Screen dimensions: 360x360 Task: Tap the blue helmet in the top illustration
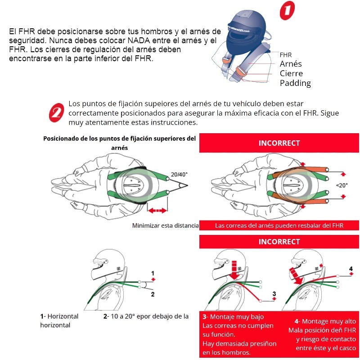click(x=243, y=29)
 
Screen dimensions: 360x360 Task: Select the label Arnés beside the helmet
click(x=291, y=64)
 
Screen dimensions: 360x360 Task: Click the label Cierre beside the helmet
click(x=291, y=73)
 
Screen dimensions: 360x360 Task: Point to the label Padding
click(x=295, y=83)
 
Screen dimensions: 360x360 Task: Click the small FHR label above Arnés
click(x=286, y=55)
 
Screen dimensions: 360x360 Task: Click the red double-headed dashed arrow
click(x=157, y=210)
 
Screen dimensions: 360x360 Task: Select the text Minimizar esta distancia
click(x=165, y=225)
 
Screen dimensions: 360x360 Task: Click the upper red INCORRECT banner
click(x=279, y=143)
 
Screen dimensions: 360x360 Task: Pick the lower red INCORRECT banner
click(x=279, y=242)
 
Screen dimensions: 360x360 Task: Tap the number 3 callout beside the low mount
click(x=274, y=294)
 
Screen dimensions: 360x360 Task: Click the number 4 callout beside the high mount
click(x=351, y=269)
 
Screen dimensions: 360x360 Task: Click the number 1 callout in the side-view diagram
click(x=153, y=273)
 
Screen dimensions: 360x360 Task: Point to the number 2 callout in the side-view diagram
click(x=153, y=294)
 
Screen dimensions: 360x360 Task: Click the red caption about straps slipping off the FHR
click(x=279, y=225)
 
